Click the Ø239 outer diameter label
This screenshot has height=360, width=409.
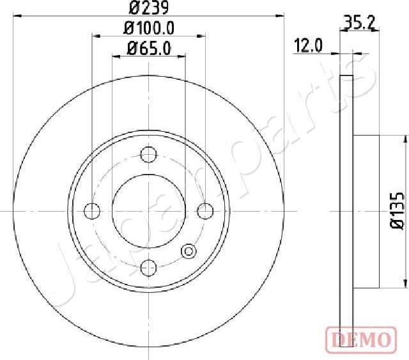(148, 8)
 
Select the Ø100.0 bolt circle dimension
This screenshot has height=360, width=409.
(148, 29)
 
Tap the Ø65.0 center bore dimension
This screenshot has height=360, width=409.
(148, 47)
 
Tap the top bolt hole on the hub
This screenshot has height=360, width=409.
(148, 153)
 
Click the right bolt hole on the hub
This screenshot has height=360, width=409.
(204, 210)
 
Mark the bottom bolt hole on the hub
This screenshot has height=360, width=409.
(148, 266)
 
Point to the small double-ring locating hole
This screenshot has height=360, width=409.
(189, 251)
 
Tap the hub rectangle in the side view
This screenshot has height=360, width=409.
(366, 211)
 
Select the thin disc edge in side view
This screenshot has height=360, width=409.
(346, 211)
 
